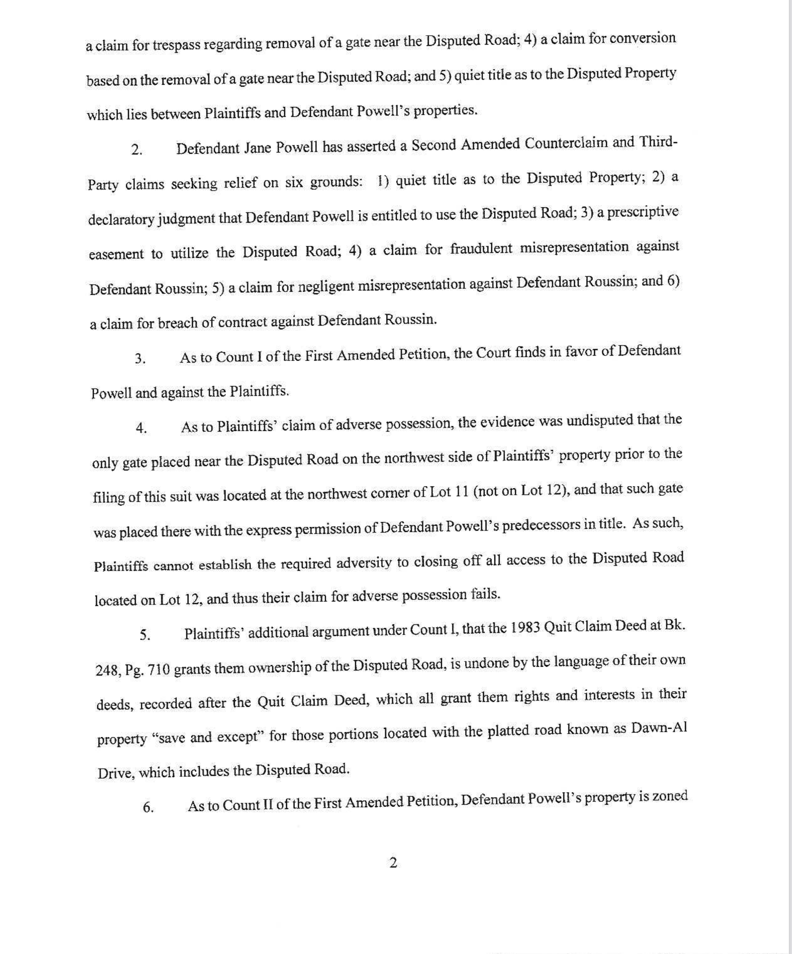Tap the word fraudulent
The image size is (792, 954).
pyautogui.click(x=481, y=249)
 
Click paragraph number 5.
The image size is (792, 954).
pyautogui.click(x=145, y=635)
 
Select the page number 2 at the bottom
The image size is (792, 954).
pyautogui.click(x=394, y=862)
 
